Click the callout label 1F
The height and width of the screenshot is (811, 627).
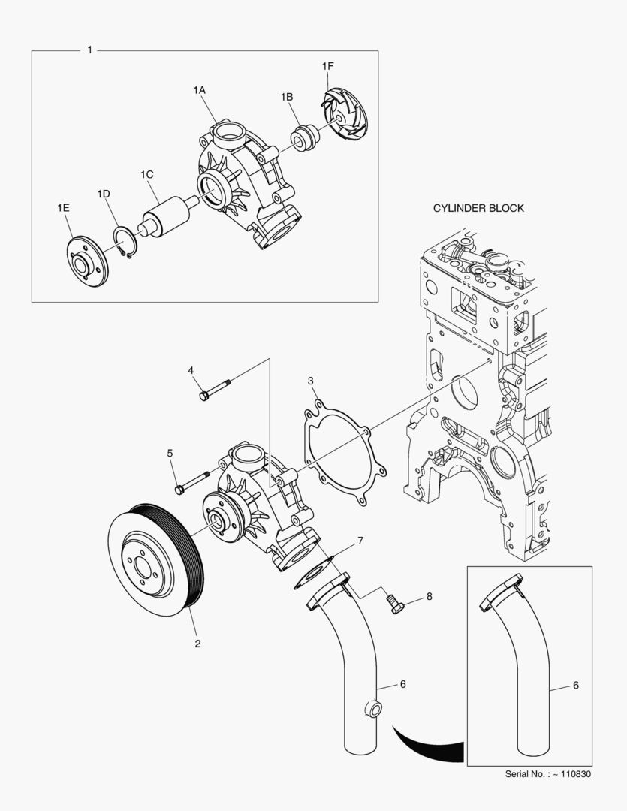coord(328,67)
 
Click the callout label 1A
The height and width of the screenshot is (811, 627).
coord(199,89)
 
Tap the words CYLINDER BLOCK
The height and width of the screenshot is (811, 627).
coord(478,208)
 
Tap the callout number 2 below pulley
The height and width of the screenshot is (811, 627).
coord(197,644)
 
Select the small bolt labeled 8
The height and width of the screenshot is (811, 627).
coord(396,602)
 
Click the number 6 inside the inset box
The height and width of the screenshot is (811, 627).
coord(575,685)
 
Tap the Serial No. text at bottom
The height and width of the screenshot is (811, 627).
coord(547,774)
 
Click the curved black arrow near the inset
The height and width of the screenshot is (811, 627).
coord(428,746)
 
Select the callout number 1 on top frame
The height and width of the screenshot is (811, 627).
coord(90,50)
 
